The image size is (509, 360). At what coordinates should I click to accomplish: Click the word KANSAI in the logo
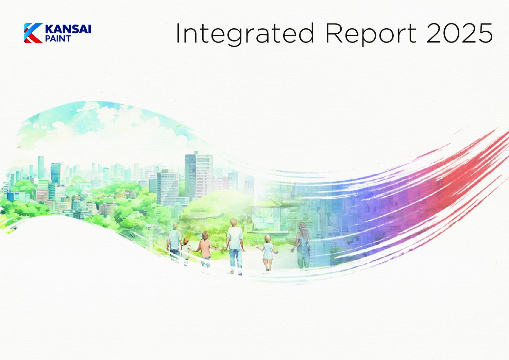[68, 29]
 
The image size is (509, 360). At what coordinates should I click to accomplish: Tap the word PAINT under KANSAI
[58, 39]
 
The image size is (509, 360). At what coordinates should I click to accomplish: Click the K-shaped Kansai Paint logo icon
[33, 33]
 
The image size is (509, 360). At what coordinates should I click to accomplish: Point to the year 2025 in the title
[459, 33]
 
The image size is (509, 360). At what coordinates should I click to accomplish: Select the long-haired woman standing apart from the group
[302, 246]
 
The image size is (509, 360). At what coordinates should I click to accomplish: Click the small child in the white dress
[268, 253]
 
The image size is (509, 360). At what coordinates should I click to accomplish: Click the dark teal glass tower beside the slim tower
[56, 173]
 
